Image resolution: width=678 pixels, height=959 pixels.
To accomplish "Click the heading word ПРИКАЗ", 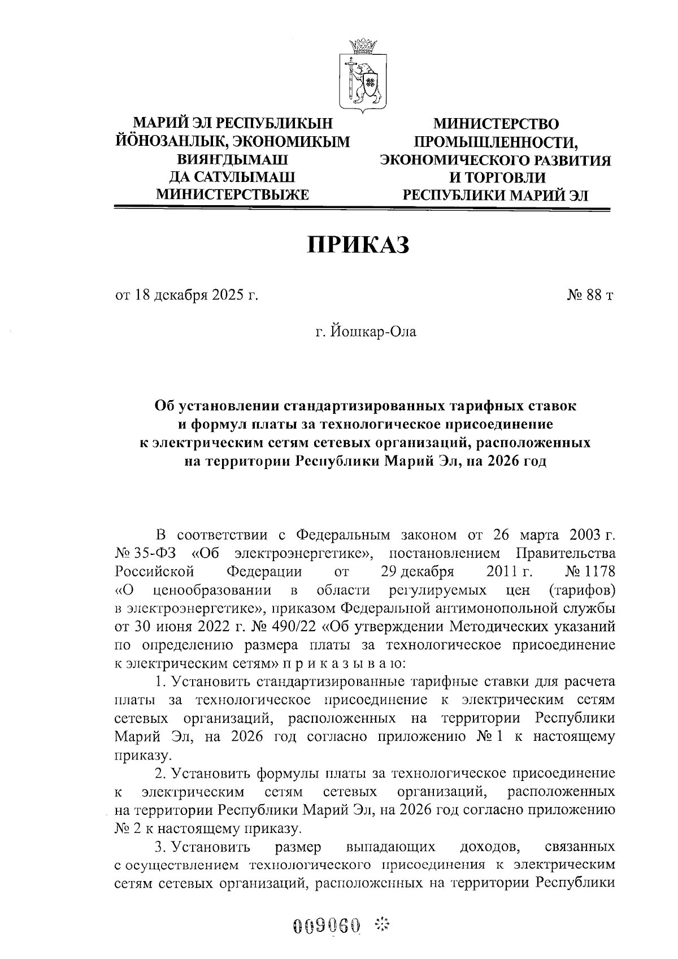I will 358,245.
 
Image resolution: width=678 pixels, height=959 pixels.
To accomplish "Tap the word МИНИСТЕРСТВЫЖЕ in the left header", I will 232,196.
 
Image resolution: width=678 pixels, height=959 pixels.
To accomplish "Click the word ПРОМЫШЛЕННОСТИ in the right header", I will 494,142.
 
